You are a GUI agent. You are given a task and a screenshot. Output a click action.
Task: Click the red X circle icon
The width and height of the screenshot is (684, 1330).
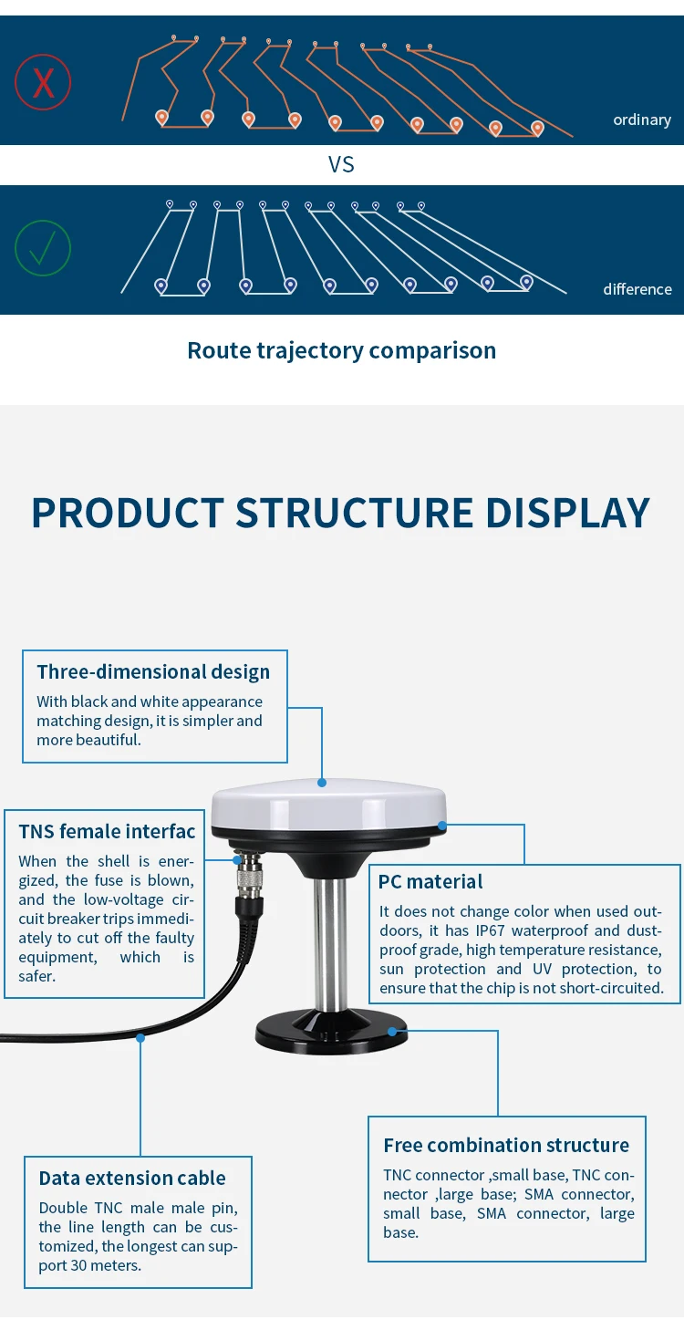point(43,82)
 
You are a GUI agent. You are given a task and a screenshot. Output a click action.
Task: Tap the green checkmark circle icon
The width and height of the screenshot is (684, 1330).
point(43,248)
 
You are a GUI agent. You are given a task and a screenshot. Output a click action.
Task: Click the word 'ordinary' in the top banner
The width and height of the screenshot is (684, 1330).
point(641,120)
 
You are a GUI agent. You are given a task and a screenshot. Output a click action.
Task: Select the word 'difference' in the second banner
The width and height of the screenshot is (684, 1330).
point(637,289)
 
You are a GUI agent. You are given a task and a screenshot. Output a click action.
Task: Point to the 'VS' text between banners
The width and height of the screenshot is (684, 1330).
point(341,165)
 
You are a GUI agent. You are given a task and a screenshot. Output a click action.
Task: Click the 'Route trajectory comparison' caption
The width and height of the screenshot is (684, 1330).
point(341,350)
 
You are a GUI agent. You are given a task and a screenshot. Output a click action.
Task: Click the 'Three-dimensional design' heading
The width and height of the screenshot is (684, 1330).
point(153,672)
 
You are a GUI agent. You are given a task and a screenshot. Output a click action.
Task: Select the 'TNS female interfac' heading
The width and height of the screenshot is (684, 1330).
point(107,831)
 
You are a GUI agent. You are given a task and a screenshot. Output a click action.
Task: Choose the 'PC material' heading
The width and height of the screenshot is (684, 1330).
point(430,881)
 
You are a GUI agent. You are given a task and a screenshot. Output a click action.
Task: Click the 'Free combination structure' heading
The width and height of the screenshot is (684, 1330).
point(506,1145)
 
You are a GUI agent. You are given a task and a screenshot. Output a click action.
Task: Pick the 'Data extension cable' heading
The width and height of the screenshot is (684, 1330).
point(132,1178)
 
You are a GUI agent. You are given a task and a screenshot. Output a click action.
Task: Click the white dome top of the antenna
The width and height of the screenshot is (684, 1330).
point(328,803)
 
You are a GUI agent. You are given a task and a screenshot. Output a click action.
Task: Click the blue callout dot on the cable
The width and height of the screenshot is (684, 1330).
point(140,1037)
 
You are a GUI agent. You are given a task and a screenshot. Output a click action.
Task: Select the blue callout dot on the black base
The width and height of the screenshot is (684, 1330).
point(392,1032)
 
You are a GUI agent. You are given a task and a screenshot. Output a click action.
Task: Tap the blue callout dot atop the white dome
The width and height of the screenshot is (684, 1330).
point(322,782)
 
